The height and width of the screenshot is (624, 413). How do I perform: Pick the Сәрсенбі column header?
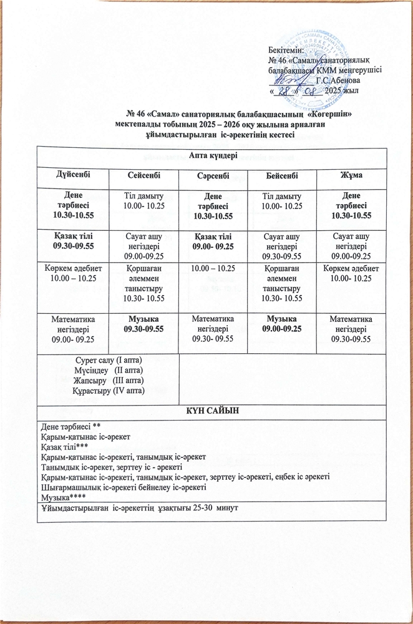pos(213,177)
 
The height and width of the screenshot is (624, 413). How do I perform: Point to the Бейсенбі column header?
pos(283,177)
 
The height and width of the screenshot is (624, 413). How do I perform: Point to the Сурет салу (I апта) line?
pos(109,361)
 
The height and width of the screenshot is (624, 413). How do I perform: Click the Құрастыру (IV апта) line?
pos(109,390)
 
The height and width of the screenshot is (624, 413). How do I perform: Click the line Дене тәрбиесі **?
pos(67,426)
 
